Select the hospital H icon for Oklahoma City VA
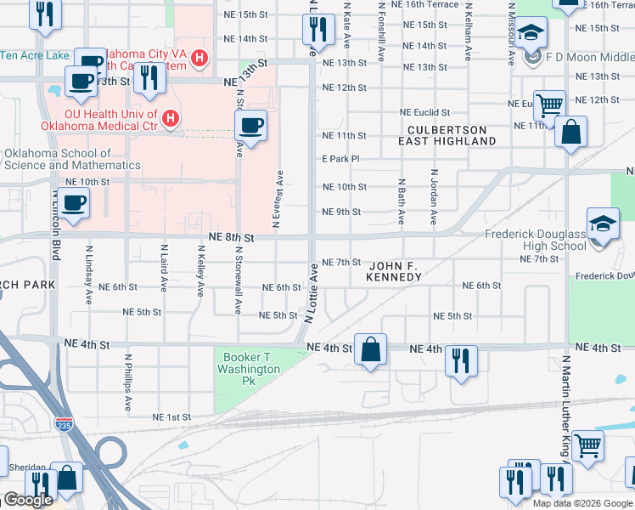199,58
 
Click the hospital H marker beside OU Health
171,117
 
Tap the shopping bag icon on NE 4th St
371,349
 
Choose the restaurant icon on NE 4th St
461,358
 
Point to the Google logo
27,500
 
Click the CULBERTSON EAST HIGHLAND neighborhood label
446,135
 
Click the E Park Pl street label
340,159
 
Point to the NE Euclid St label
426,112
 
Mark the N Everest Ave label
278,200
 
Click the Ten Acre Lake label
35,56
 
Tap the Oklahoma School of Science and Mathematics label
72,159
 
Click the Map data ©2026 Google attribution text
582,503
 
